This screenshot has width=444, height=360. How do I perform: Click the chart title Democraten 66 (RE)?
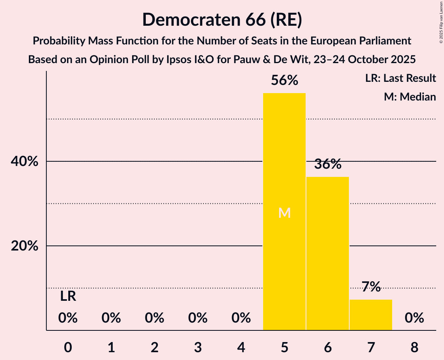222,19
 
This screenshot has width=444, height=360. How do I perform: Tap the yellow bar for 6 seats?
327,253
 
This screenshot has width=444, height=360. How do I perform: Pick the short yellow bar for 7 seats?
371,315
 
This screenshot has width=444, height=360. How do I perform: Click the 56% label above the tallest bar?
285,81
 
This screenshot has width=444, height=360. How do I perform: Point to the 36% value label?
328,164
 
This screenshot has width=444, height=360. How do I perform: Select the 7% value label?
371,287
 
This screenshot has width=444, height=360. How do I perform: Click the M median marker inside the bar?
285,213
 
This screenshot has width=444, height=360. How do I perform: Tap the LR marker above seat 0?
68,296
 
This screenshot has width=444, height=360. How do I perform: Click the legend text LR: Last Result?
400,78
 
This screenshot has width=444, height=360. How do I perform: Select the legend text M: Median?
410,97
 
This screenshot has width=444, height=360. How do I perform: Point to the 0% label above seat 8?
414,318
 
